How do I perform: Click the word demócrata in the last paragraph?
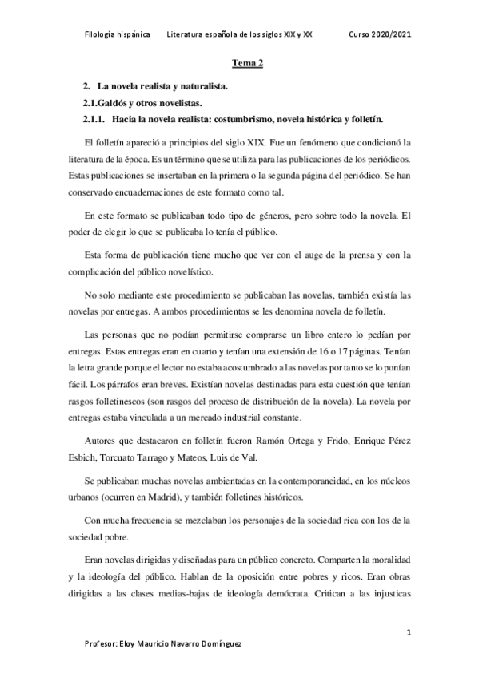point(323,592)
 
